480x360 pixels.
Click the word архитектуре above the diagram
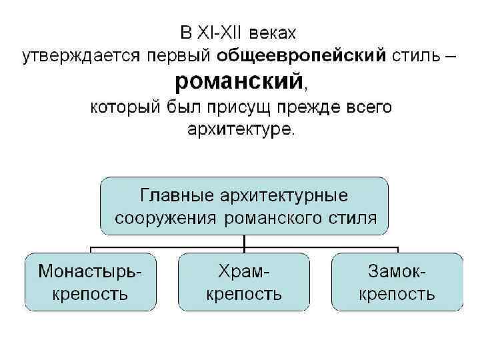238,128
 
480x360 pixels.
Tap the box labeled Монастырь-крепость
90,281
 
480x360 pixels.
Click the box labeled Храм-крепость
243,281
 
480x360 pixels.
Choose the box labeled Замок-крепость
397,281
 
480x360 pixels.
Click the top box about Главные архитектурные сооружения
243,206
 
